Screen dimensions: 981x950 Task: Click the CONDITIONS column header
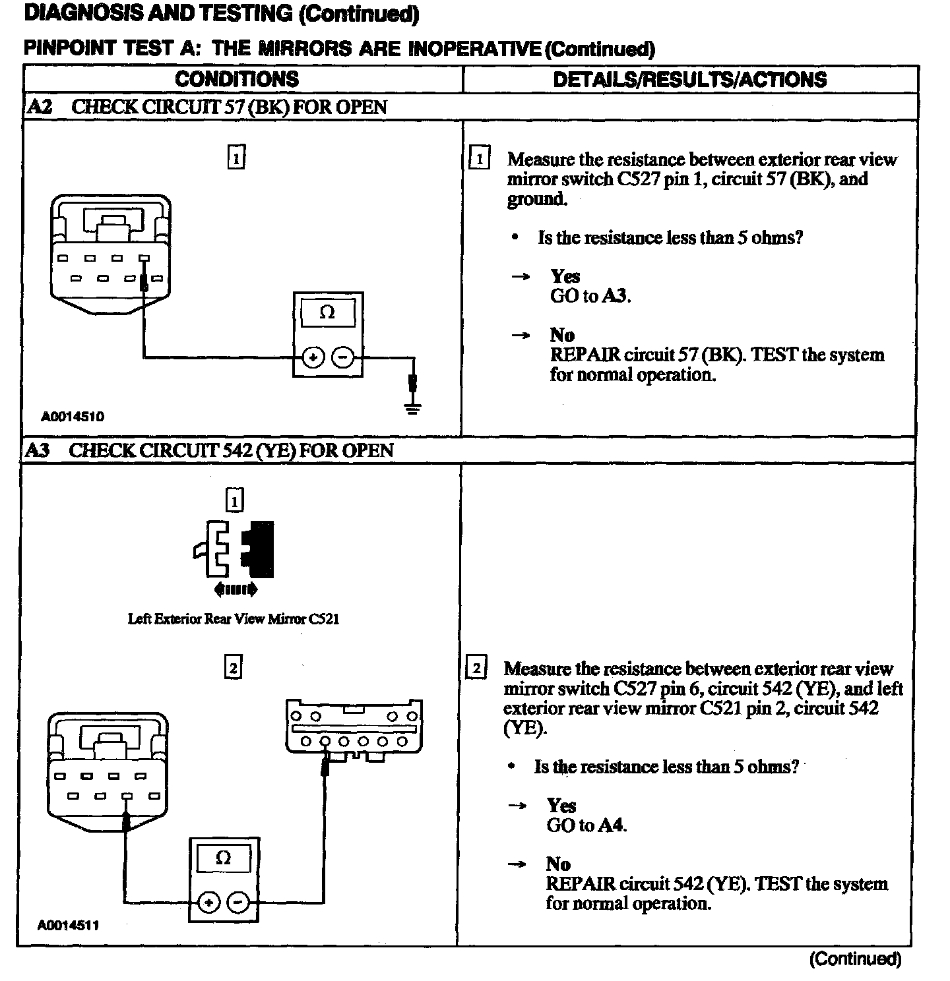tap(237, 80)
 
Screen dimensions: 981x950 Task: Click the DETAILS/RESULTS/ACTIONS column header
tap(689, 80)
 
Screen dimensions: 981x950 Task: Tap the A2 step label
tap(40, 107)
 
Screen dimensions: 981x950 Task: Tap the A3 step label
tap(37, 450)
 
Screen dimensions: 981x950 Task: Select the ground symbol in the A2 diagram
tap(413, 408)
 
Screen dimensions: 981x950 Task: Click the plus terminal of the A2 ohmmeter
tap(313, 358)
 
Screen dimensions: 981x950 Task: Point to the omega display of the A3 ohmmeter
tap(224, 858)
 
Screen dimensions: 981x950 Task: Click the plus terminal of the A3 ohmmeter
tap(208, 902)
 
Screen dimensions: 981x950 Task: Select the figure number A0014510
tap(73, 417)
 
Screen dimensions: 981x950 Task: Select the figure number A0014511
tap(69, 925)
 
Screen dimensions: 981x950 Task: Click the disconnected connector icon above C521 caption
tap(234, 549)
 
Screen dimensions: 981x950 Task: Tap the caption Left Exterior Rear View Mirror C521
tap(234, 619)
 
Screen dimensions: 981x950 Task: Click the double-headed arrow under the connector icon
tap(235, 589)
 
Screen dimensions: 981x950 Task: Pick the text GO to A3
tap(590, 296)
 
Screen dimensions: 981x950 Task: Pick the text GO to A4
tap(586, 825)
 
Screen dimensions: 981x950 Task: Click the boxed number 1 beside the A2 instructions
tap(479, 159)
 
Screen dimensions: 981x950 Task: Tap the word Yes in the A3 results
tap(561, 805)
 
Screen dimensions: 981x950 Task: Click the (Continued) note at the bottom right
tap(855, 959)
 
